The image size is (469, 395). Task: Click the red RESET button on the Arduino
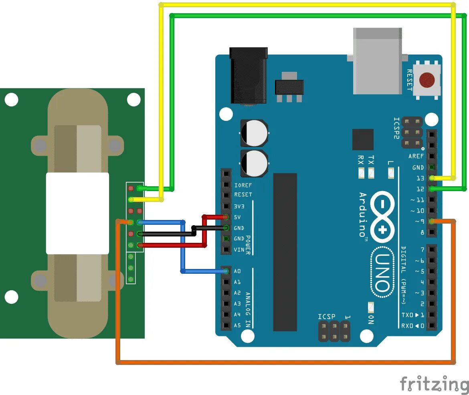(427, 80)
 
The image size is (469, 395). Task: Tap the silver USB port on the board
(377, 61)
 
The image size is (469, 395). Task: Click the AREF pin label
(416, 156)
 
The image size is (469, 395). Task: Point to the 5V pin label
(237, 217)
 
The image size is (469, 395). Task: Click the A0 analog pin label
(237, 271)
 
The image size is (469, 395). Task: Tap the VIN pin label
(239, 250)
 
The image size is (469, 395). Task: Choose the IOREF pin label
(243, 185)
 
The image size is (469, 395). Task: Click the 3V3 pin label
(239, 206)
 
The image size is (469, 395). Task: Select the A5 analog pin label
(237, 326)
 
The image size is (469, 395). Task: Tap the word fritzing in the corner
(434, 384)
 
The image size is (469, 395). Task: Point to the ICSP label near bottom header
(326, 317)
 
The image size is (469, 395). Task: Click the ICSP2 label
(396, 128)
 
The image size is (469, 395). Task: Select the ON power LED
(371, 307)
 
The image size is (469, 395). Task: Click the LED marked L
(391, 173)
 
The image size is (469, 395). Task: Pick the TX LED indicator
(371, 173)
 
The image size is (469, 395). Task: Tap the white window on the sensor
(78, 213)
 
